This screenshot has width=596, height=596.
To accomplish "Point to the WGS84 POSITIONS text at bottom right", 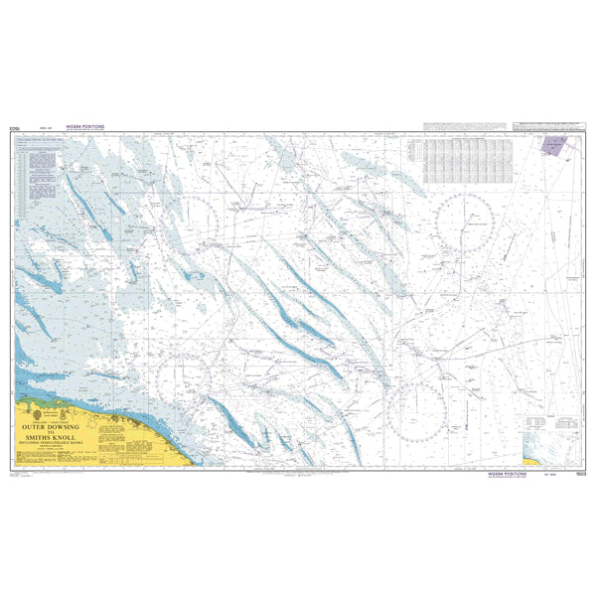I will pyautogui.click(x=509, y=475).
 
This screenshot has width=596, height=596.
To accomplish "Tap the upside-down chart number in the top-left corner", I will pyautogui.click(x=14, y=128).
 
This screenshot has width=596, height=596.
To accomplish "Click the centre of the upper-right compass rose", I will pyautogui.click(x=465, y=224).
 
